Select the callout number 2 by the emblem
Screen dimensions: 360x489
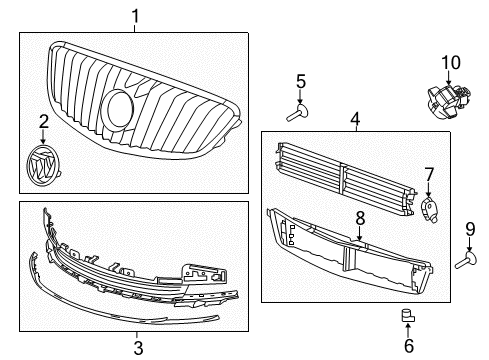[x=42, y=122]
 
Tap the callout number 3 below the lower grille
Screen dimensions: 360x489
[x=138, y=348]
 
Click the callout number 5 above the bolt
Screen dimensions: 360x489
[x=300, y=81]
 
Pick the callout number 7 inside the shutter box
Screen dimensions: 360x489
[x=429, y=175]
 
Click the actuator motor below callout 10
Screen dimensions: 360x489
[x=445, y=98]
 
